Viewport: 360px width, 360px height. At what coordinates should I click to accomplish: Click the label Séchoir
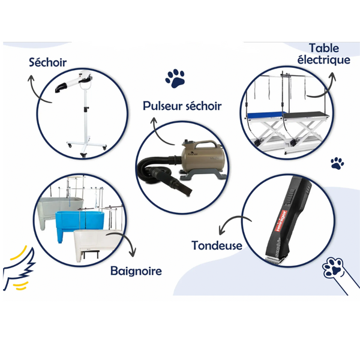tap(48, 62)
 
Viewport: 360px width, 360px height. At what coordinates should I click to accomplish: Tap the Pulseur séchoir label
tap(182, 106)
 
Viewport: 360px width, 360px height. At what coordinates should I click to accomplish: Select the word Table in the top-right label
tap(324, 48)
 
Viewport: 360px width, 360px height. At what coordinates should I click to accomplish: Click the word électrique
tap(324, 60)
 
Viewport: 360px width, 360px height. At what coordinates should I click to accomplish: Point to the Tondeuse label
tap(217, 245)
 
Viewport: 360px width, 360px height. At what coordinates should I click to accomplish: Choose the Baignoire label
tap(136, 271)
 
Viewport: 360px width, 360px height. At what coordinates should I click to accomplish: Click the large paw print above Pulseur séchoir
tap(175, 78)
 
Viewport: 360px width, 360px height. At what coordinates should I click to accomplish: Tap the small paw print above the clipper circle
tap(337, 163)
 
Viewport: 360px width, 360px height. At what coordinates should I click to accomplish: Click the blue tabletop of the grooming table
tap(266, 115)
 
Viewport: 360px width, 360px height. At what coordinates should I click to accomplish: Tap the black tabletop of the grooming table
tap(307, 115)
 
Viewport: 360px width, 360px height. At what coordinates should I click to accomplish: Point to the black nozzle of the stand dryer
tap(61, 88)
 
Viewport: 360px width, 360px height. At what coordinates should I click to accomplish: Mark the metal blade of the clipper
tap(275, 261)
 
